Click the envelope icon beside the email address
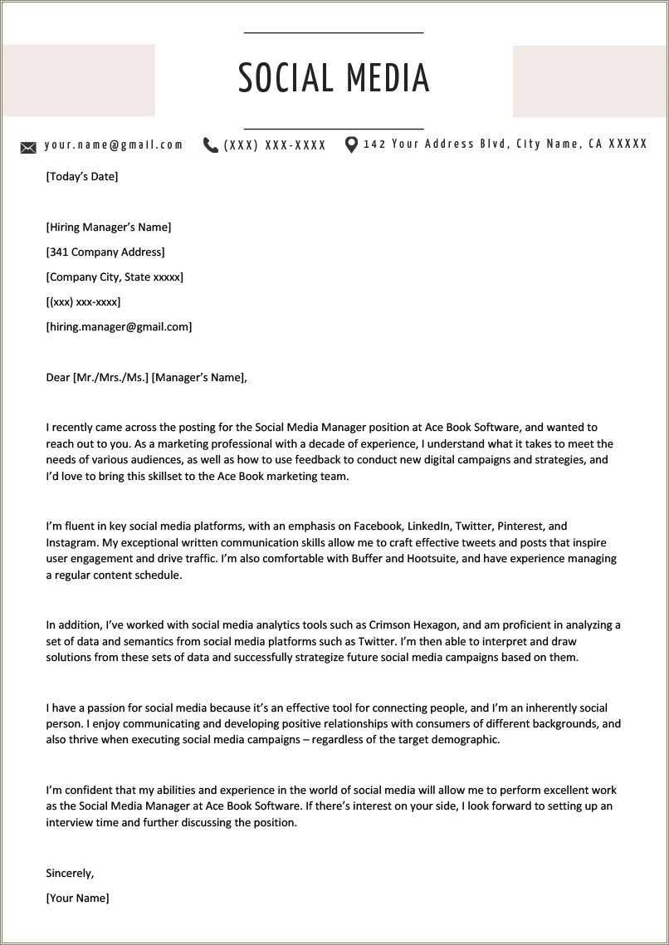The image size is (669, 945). (28, 148)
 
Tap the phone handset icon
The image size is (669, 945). (211, 145)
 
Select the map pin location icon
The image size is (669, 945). (351, 145)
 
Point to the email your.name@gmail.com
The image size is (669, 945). (114, 144)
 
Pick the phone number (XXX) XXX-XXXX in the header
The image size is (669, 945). (275, 145)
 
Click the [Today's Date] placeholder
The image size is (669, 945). (82, 176)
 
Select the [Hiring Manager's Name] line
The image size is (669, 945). (109, 227)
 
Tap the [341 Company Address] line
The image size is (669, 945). (105, 252)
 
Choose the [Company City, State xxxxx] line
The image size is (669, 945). (115, 277)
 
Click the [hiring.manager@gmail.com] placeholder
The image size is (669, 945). (119, 326)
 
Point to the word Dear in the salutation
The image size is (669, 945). (58, 377)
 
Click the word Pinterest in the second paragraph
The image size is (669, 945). (521, 526)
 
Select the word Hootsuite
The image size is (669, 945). (432, 558)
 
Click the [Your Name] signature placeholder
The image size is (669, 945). (77, 898)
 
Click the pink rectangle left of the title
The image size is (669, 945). (79, 81)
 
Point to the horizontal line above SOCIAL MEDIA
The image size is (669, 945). (334, 32)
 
